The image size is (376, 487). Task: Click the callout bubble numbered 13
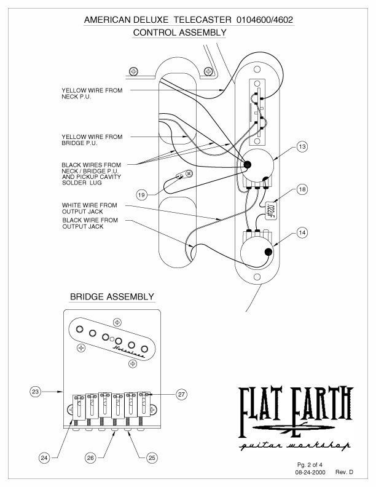pyautogui.click(x=302, y=148)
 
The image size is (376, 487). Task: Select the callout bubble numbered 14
pyautogui.click(x=302, y=234)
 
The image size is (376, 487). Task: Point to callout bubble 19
pyautogui.click(x=142, y=195)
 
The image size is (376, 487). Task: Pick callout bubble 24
pyautogui.click(x=44, y=458)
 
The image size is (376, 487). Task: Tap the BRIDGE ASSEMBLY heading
pyautogui.click(x=112, y=297)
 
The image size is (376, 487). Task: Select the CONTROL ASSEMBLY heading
pyautogui.click(x=180, y=32)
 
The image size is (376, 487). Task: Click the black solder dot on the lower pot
pyautogui.click(x=268, y=251)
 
